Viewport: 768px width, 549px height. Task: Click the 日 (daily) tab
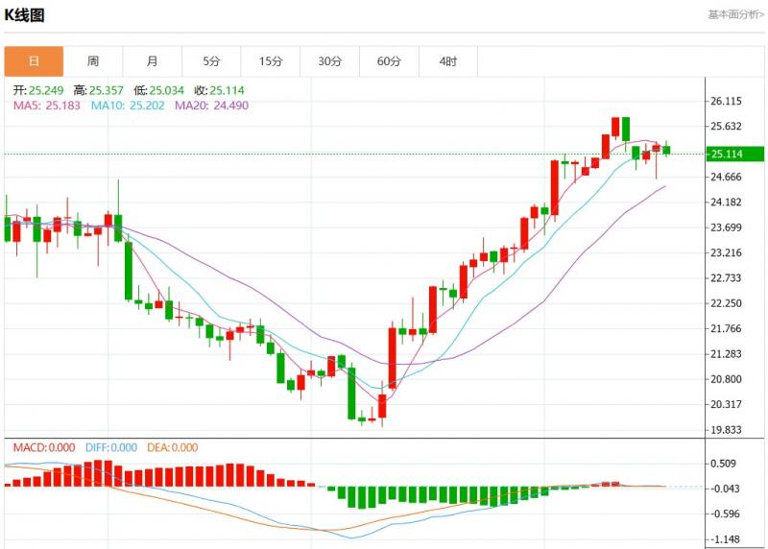tap(34, 61)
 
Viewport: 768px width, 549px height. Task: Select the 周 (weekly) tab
tap(93, 61)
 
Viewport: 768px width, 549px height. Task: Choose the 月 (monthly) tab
tap(153, 61)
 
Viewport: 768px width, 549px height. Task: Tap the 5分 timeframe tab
tap(211, 61)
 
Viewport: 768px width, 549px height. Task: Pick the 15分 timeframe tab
tap(271, 61)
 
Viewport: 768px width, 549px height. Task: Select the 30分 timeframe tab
tap(330, 61)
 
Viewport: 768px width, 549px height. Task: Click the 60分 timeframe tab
tap(389, 61)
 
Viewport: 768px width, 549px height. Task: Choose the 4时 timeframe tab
tap(448, 61)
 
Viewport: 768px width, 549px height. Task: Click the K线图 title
tap(25, 15)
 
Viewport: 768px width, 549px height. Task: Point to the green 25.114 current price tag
tap(734, 154)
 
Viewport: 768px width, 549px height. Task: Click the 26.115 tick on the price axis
tap(726, 101)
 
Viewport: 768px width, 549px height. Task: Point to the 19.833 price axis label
tap(726, 430)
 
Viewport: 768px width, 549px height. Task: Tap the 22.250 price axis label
tap(726, 303)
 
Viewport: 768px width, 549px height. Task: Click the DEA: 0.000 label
tap(172, 447)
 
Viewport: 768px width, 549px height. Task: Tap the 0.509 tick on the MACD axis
tap(723, 463)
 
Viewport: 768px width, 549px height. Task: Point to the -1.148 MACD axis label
tap(725, 539)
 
